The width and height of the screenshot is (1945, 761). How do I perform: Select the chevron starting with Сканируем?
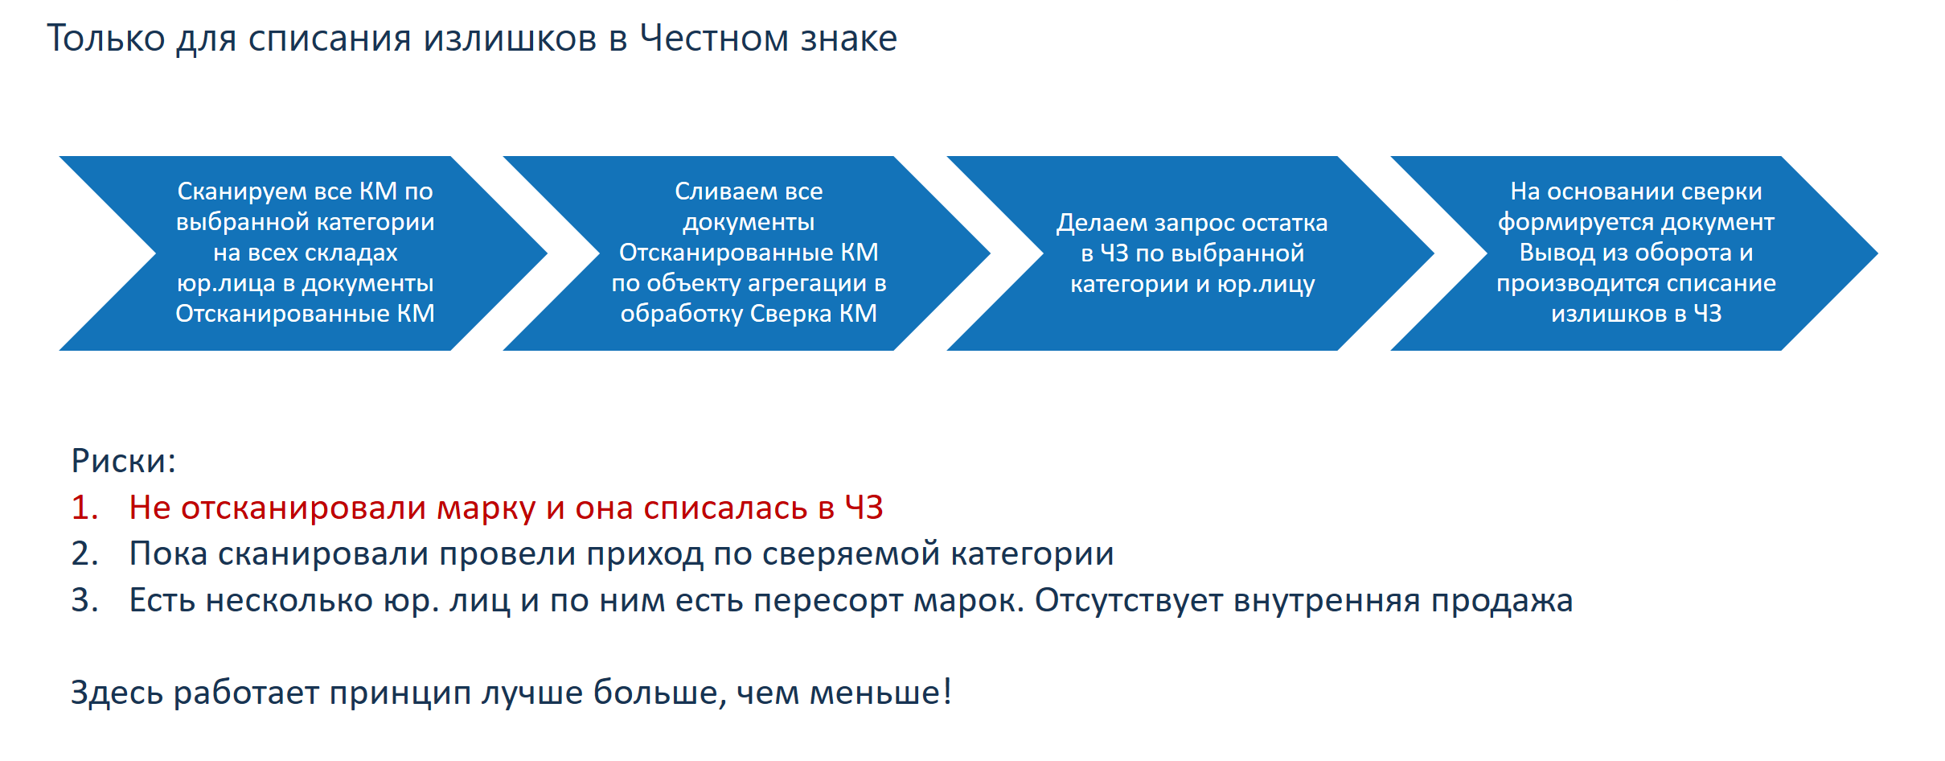(x=303, y=253)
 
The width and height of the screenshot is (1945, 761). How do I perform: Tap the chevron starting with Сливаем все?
(x=747, y=253)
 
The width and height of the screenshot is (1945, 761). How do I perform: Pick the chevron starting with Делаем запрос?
(x=1191, y=253)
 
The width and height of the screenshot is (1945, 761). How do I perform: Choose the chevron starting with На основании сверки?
(x=1635, y=253)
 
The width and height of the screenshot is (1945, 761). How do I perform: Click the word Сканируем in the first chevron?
(x=242, y=191)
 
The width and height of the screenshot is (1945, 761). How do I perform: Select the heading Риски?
(x=123, y=461)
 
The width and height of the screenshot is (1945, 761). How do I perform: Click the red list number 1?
(x=84, y=508)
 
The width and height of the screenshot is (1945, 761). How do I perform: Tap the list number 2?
(x=84, y=553)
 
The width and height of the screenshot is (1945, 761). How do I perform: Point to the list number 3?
(x=84, y=600)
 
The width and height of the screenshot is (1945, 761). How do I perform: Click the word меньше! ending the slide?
(x=880, y=693)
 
